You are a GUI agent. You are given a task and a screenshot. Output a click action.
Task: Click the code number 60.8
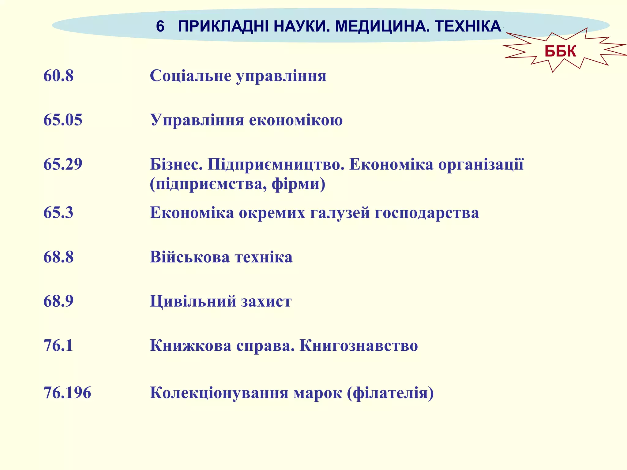pos(58,76)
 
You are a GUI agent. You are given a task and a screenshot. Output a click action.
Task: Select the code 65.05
pos(63,120)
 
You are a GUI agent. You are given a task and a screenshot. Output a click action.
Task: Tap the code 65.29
pos(63,164)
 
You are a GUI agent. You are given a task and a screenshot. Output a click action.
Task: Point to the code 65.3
pos(58,212)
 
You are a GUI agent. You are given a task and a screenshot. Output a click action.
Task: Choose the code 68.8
pos(58,257)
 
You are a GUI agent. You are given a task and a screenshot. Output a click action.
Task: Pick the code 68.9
pos(58,301)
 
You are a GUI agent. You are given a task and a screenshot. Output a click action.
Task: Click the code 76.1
pos(58,345)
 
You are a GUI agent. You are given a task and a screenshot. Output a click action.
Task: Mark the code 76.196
pos(67,393)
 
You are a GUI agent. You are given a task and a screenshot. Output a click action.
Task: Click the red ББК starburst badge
pos(560,51)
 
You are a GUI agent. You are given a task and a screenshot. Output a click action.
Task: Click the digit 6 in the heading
pos(160,26)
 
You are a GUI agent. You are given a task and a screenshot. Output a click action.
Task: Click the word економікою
pos(296,120)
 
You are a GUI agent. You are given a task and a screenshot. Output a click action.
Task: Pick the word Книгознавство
pos(359,345)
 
